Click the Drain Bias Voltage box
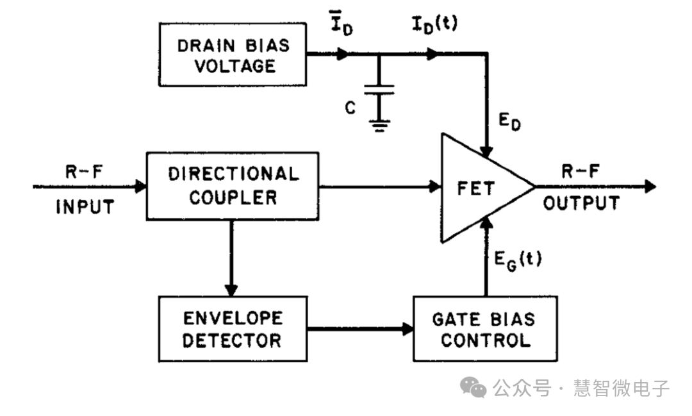(x=233, y=56)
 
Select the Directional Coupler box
(x=233, y=186)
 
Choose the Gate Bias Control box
(x=485, y=329)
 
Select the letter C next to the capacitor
(x=350, y=108)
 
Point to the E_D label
(x=511, y=121)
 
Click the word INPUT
(x=85, y=207)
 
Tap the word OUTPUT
(x=581, y=204)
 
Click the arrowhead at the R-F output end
(x=650, y=187)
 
